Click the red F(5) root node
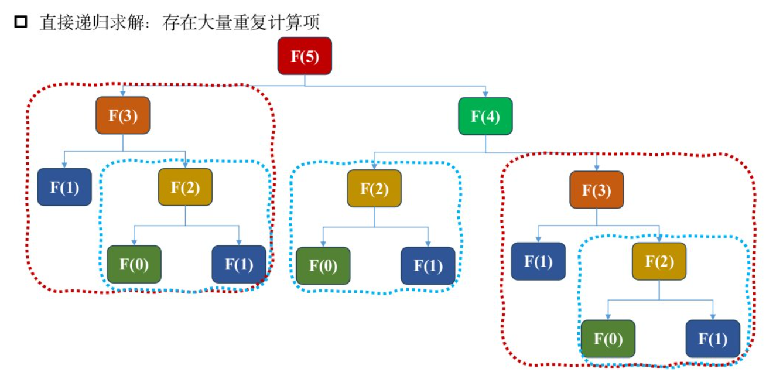click(305, 56)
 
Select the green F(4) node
click(485, 116)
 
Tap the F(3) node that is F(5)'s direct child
click(123, 115)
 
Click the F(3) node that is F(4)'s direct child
click(597, 190)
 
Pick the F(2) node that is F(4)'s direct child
click(374, 189)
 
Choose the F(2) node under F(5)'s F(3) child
click(185, 187)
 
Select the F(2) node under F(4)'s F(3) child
click(659, 261)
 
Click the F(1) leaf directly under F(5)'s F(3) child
click(64, 187)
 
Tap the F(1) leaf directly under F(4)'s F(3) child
click(538, 261)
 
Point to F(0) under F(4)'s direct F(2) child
click(323, 266)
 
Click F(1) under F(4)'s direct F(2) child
click(428, 266)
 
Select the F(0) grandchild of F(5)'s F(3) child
click(134, 264)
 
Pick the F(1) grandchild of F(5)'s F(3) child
click(239, 264)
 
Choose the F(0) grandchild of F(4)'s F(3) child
click(608, 339)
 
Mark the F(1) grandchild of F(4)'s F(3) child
click(713, 339)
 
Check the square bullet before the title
click(20, 22)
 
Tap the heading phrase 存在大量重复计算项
click(241, 23)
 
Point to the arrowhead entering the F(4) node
click(485, 94)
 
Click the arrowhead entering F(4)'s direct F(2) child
click(374, 166)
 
